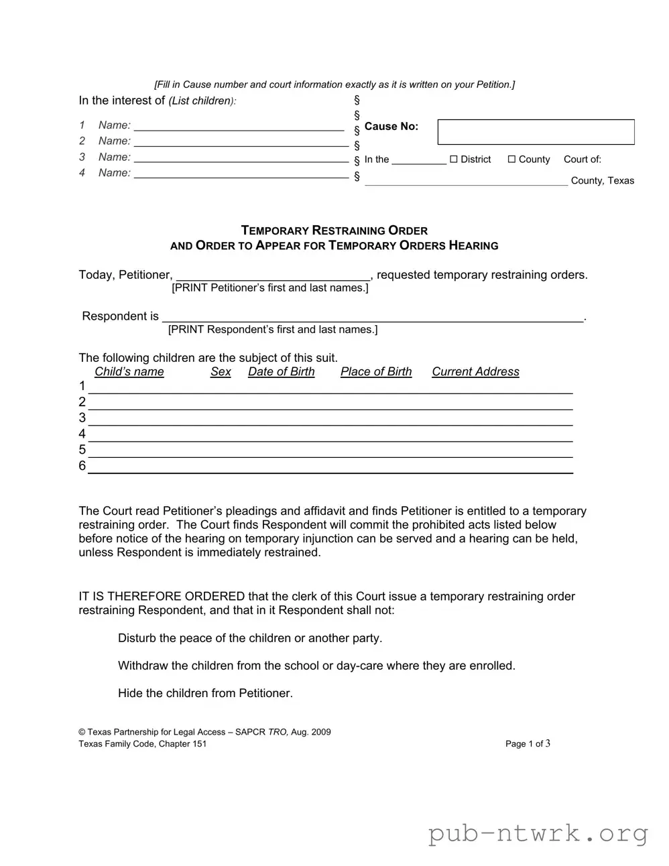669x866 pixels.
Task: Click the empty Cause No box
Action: (536, 132)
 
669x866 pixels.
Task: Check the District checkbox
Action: (454, 160)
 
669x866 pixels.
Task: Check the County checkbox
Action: (511, 160)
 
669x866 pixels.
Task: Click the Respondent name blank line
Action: (373, 317)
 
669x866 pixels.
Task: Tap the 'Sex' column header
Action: (221, 372)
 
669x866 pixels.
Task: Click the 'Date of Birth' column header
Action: (281, 372)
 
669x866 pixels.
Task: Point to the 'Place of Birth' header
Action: (376, 372)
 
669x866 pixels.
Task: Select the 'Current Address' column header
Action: (475, 372)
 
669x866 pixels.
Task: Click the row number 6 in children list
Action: (82, 466)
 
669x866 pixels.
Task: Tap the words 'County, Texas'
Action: (602, 181)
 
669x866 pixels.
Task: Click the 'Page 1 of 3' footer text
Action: (528, 743)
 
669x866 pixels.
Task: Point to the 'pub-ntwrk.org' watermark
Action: (538, 834)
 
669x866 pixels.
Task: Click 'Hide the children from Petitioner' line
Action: (205, 693)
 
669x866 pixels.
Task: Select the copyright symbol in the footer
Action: (82, 732)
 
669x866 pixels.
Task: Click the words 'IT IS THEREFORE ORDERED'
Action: (162, 597)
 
